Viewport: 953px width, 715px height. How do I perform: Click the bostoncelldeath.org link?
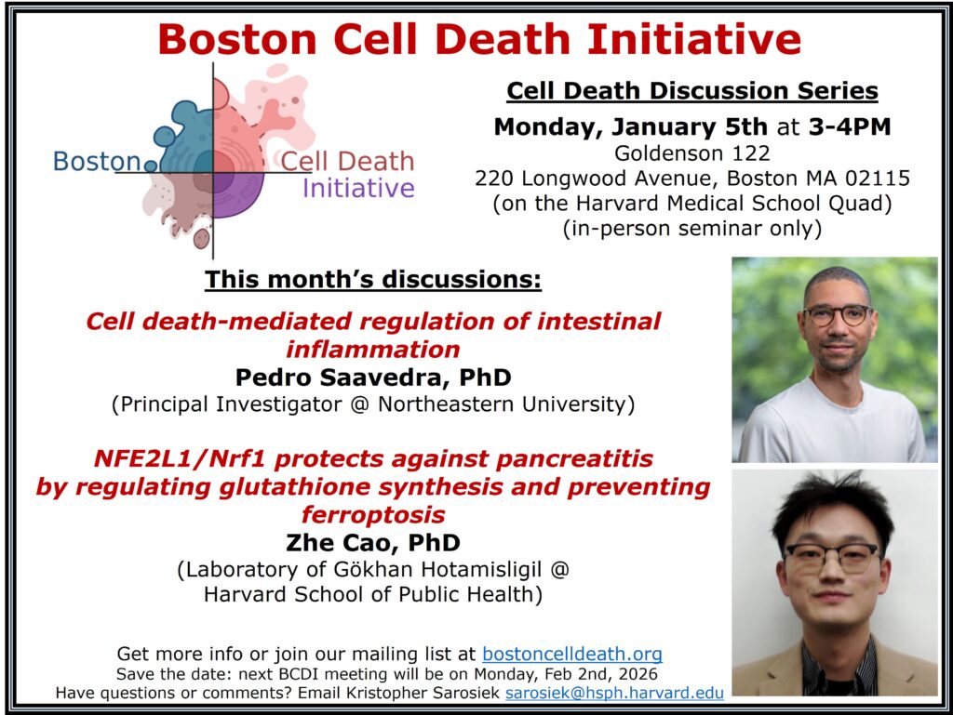(572, 654)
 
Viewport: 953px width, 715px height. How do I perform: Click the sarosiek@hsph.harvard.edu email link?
(614, 693)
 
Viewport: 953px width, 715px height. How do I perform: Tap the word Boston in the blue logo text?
(97, 162)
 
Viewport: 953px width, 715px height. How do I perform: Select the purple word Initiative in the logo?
(358, 188)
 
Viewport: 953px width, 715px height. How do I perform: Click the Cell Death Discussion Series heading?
(692, 90)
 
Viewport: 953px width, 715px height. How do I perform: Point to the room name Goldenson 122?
(692, 153)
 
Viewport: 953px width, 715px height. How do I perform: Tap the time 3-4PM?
(850, 126)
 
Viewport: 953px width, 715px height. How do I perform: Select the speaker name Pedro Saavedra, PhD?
(373, 377)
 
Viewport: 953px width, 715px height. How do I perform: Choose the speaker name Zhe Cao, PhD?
(373, 542)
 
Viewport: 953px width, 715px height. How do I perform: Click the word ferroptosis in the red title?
(373, 515)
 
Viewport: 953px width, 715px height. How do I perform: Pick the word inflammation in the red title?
(373, 349)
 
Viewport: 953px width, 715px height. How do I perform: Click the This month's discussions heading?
(372, 279)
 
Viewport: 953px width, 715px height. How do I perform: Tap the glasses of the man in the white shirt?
(839, 314)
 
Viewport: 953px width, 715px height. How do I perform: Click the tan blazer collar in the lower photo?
(778, 665)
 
